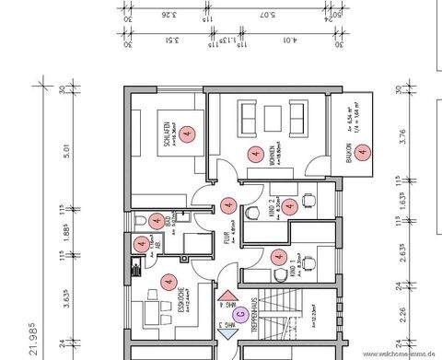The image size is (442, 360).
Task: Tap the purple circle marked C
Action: pyautogui.click(x=239, y=314)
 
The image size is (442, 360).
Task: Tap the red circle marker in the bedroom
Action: pyautogui.click(x=188, y=134)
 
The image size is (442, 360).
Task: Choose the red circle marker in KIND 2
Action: pyautogui.click(x=291, y=206)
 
